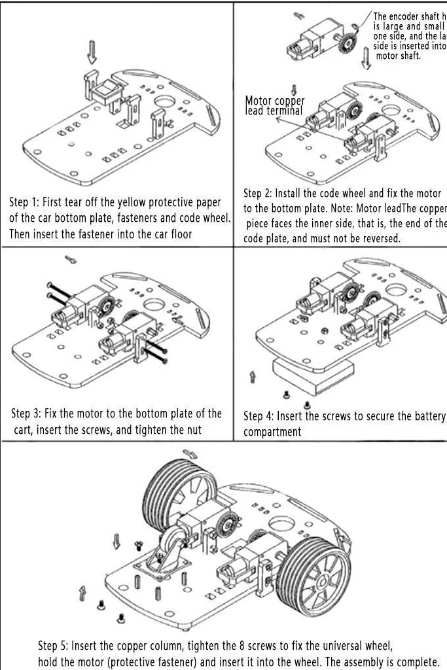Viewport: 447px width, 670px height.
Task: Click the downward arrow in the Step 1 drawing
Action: coord(92,52)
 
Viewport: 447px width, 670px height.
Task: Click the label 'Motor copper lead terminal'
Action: coord(274,105)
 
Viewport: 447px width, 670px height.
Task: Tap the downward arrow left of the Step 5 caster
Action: coord(116,541)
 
